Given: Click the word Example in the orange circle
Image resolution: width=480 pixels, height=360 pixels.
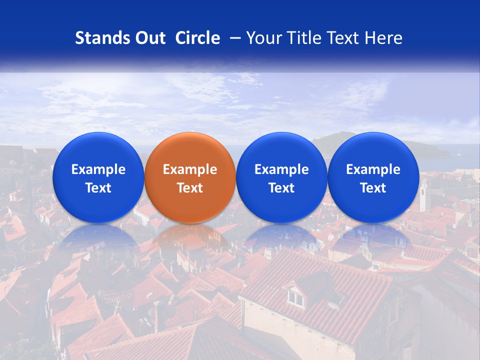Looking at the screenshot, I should (x=190, y=169).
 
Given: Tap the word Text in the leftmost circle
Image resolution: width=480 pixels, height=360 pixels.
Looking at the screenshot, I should (x=98, y=188).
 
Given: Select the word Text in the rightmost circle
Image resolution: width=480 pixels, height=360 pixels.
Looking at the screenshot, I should (x=373, y=188).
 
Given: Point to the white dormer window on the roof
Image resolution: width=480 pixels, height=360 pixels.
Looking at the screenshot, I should (x=295, y=298).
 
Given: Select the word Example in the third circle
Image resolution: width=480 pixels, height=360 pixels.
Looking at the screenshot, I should (x=281, y=169).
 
